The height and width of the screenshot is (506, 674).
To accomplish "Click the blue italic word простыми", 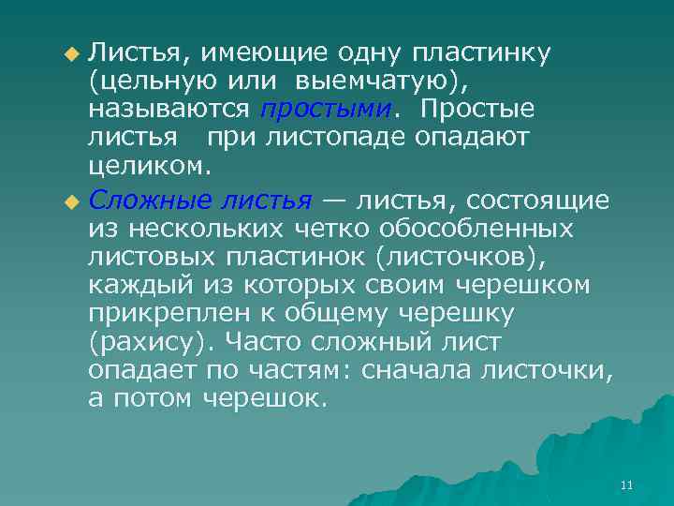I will [325, 110].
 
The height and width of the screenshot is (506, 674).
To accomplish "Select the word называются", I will [169, 110].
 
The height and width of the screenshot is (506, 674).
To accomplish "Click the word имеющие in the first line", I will [271, 53].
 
